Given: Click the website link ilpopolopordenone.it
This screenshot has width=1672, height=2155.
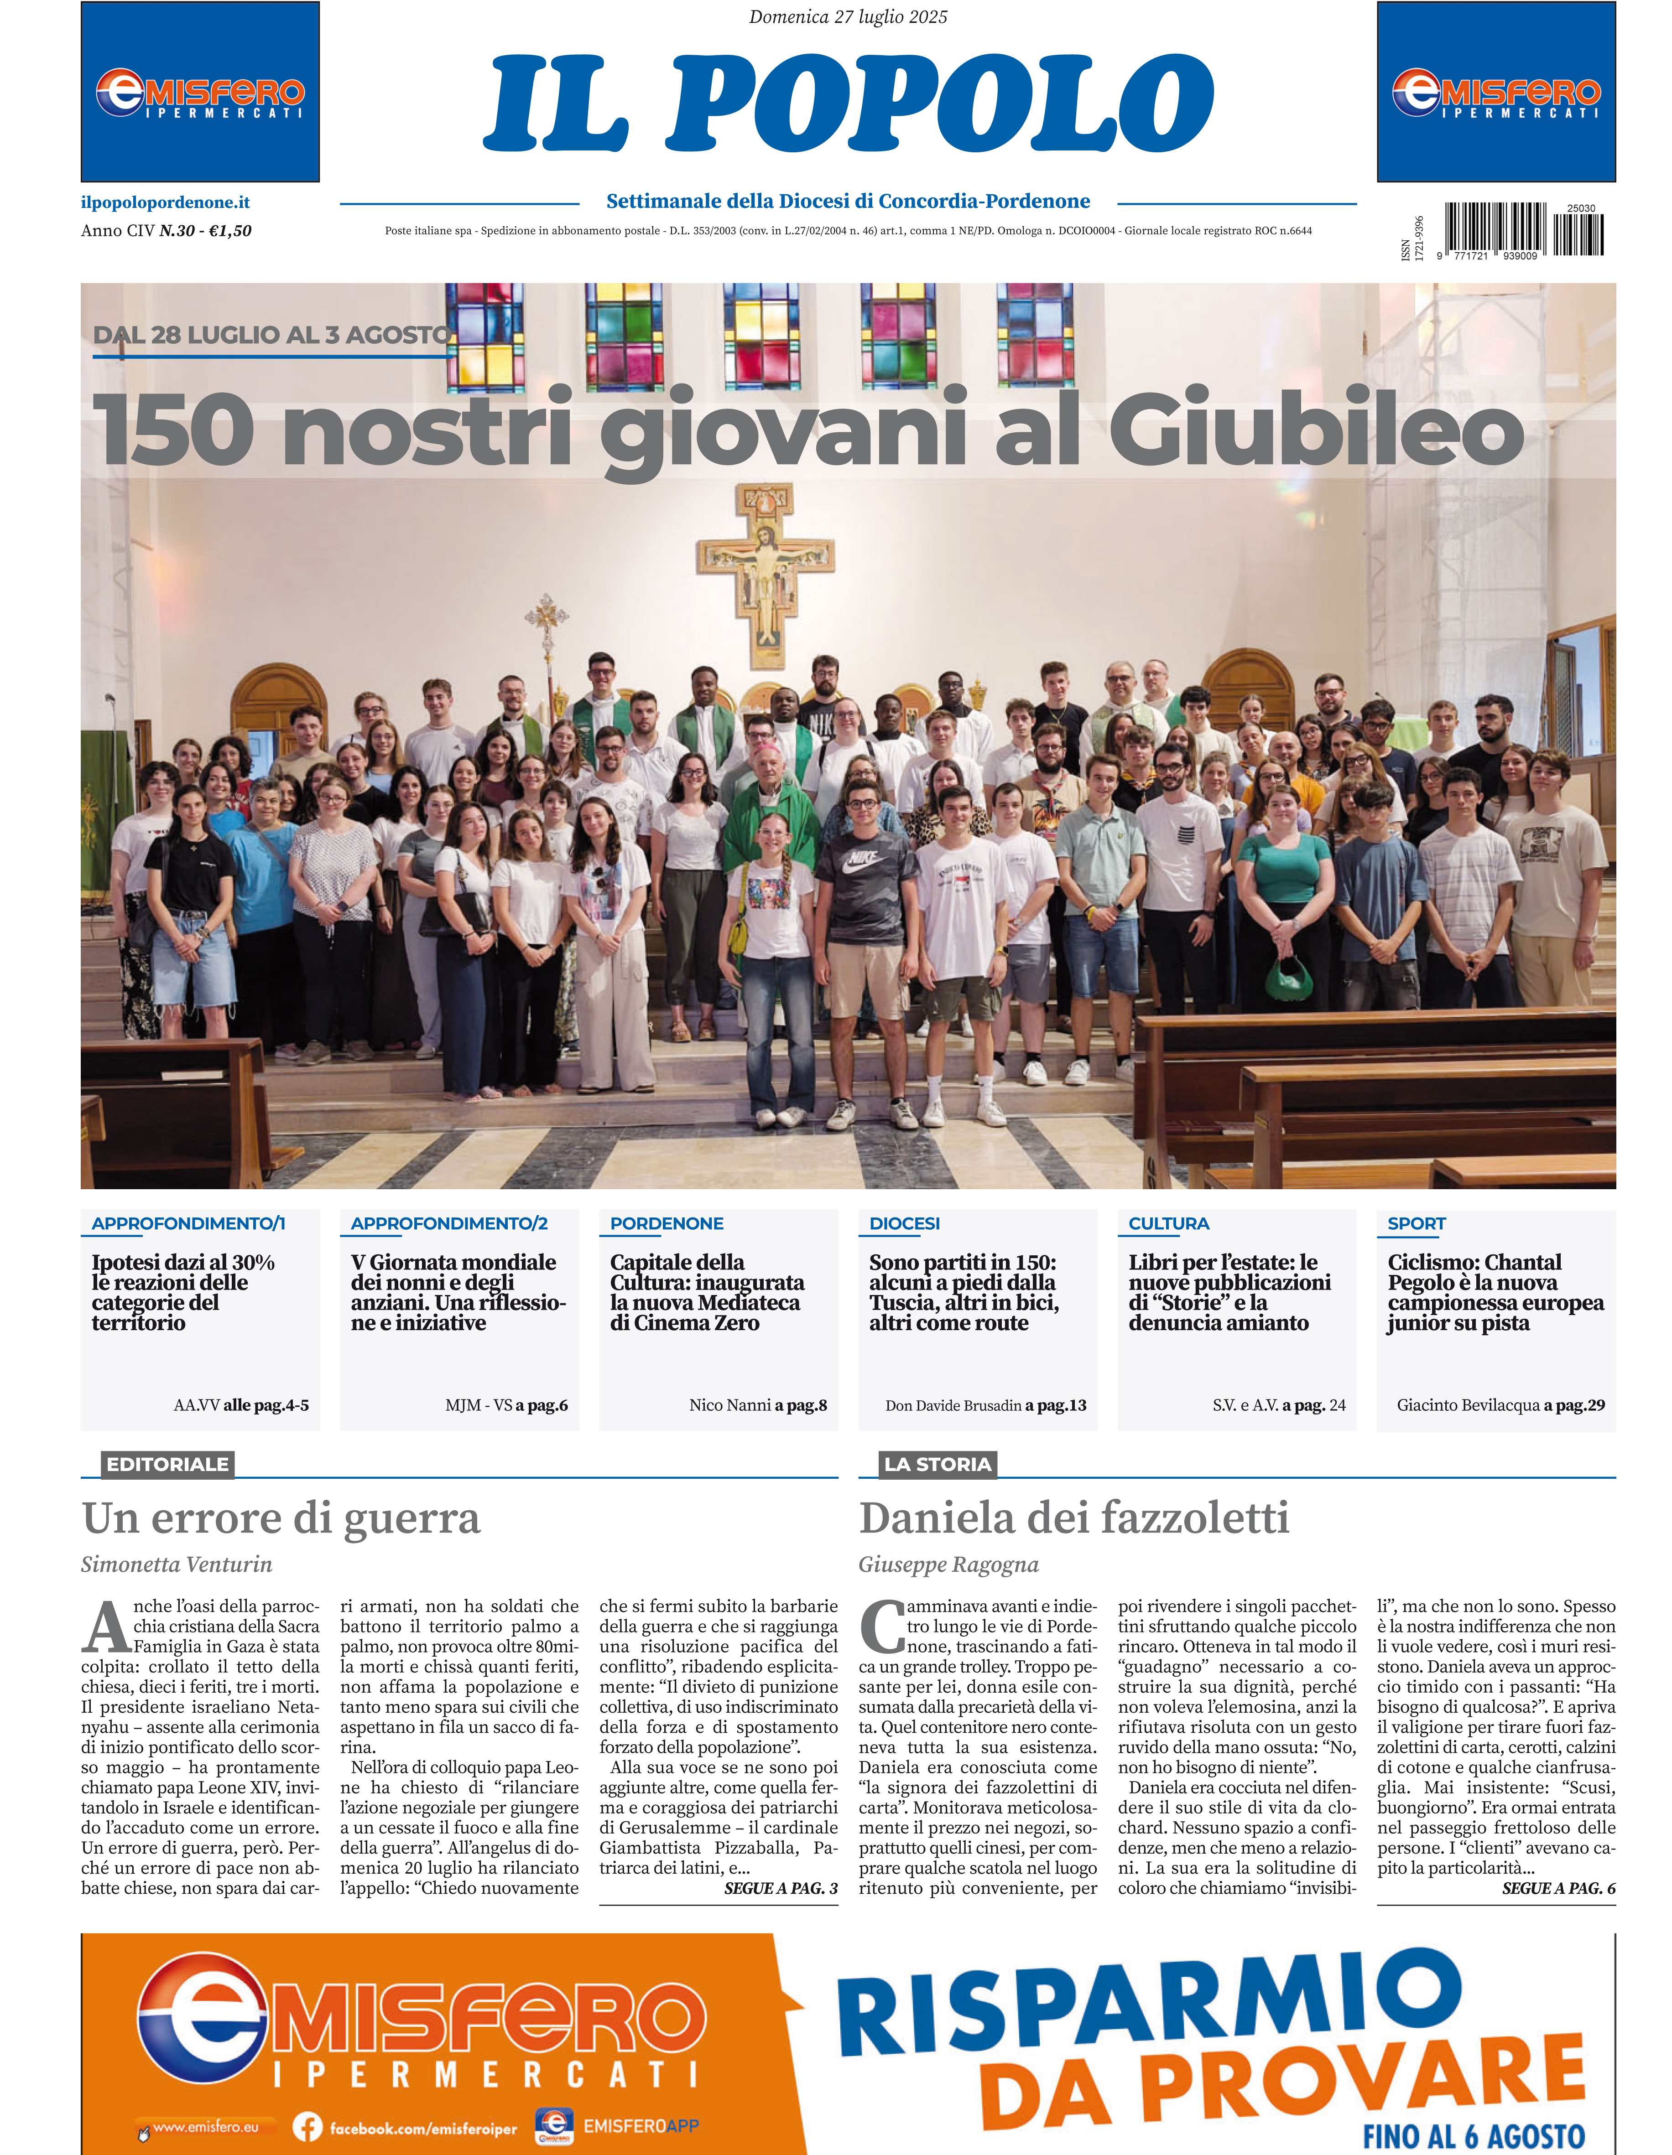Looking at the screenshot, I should [165, 202].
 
